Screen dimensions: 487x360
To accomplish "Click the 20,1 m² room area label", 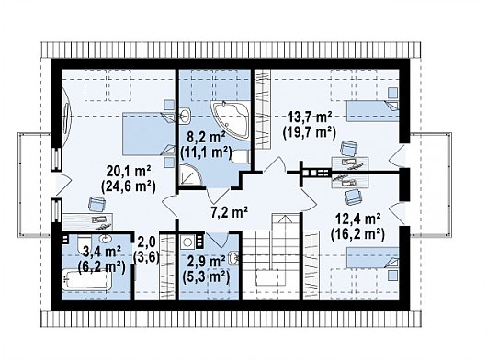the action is [x=129, y=171].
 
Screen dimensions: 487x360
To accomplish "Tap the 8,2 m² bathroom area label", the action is [x=206, y=136].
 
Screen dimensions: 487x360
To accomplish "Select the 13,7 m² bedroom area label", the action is [x=310, y=118].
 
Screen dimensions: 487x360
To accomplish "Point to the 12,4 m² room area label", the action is [x=357, y=219].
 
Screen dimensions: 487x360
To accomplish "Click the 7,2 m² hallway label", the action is [x=230, y=212].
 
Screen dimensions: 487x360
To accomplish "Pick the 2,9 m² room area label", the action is [x=206, y=262].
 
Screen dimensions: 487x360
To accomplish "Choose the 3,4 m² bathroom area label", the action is [x=102, y=252].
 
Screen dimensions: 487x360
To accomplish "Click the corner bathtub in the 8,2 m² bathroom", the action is [x=231, y=118].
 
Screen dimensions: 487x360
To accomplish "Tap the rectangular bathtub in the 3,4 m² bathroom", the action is [x=86, y=279].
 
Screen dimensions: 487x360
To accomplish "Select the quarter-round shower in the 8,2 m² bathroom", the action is [x=190, y=175].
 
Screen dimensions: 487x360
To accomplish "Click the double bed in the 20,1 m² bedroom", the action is [x=149, y=134].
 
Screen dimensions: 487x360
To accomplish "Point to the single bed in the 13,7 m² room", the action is [x=373, y=111].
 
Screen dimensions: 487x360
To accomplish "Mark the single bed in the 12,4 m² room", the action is [x=373, y=257].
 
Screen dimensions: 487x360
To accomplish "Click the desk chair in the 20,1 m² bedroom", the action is [x=96, y=204].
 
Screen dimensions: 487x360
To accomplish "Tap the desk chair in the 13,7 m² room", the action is [x=349, y=148].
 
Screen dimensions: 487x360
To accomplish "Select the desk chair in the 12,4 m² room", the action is [x=354, y=196].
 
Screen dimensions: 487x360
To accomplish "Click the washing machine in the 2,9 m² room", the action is [x=187, y=242].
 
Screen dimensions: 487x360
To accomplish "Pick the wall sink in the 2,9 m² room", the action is [x=233, y=258].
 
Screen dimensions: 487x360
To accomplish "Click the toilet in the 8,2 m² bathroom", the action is [x=241, y=157].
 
